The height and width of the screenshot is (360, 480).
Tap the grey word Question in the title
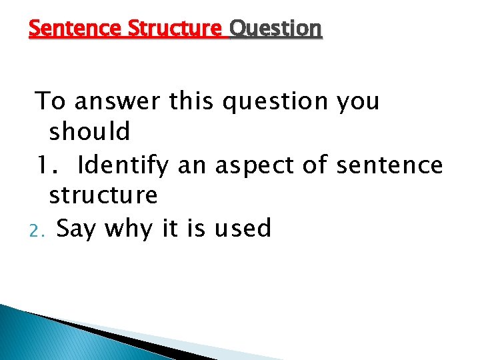tap(275, 29)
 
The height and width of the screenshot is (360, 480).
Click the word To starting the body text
tap(51, 101)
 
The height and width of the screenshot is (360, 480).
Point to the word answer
tap(117, 102)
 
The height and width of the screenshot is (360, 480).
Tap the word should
tap(89, 132)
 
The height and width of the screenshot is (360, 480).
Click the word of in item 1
tap(313, 165)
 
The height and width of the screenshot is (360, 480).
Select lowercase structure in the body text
tap(103, 196)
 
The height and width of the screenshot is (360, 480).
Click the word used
tap(243, 229)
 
